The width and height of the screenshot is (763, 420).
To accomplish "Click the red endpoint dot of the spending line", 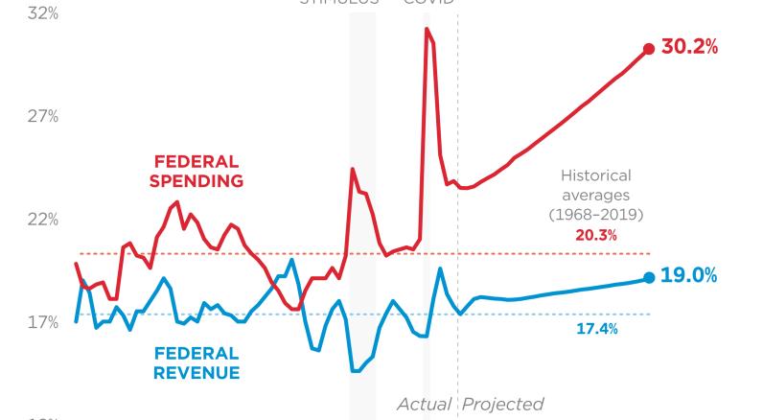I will tap(649, 49).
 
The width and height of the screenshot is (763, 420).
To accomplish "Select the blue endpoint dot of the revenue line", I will tap(649, 277).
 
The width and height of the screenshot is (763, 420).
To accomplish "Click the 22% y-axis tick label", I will tap(41, 220).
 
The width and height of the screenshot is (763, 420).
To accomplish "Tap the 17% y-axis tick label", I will tap(41, 322).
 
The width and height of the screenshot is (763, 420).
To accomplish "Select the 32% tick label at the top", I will tap(41, 15).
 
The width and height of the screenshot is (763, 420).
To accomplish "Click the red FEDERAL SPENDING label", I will tap(198, 170).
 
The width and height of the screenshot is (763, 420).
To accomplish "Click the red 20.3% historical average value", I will tap(595, 234).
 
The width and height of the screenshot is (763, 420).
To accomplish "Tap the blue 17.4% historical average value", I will tap(595, 329).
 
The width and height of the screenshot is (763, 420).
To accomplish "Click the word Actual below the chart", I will tap(426, 404).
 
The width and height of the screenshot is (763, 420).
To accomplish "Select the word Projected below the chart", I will tap(502, 404).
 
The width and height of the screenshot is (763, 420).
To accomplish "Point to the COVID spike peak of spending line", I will tap(428, 29).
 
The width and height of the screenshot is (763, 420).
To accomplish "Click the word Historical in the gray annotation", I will tap(595, 176).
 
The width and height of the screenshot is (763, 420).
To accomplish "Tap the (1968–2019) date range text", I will tap(595, 213).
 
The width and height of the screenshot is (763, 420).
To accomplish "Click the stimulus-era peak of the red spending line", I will tap(353, 169).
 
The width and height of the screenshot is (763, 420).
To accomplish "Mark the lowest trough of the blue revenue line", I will tap(356, 370).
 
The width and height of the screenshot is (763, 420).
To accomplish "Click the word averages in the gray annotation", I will tap(595, 195).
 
